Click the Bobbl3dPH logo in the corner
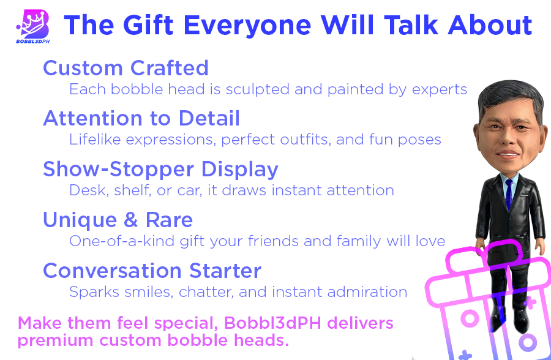click(x=32, y=26)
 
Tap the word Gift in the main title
click(x=148, y=25)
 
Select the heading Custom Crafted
click(x=126, y=68)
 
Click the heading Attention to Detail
click(x=141, y=118)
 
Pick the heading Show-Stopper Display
click(x=160, y=169)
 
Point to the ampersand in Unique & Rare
click(x=131, y=220)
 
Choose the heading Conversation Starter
click(x=152, y=271)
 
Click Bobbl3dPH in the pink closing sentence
click(x=272, y=323)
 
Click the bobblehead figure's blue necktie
click(x=509, y=194)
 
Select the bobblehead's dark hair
click(x=510, y=97)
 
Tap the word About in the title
click(x=490, y=25)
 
